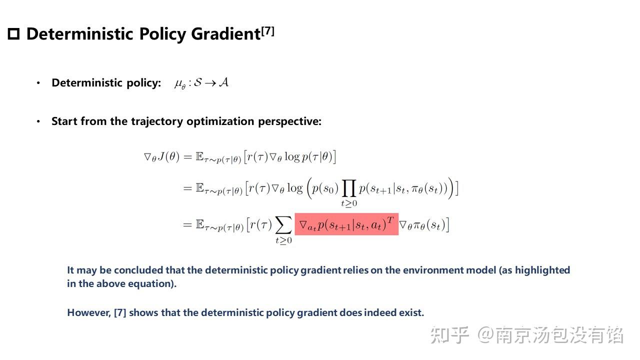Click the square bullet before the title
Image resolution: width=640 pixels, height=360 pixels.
point(13,34)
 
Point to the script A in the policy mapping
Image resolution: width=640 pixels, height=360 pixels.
point(223,82)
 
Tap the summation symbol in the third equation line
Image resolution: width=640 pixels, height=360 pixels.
point(283,226)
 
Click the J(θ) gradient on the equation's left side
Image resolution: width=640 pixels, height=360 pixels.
point(161,157)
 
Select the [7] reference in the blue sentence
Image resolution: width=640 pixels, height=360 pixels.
point(119,313)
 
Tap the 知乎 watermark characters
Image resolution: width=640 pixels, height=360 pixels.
point(449,334)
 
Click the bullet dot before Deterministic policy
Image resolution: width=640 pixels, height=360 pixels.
point(38,83)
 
